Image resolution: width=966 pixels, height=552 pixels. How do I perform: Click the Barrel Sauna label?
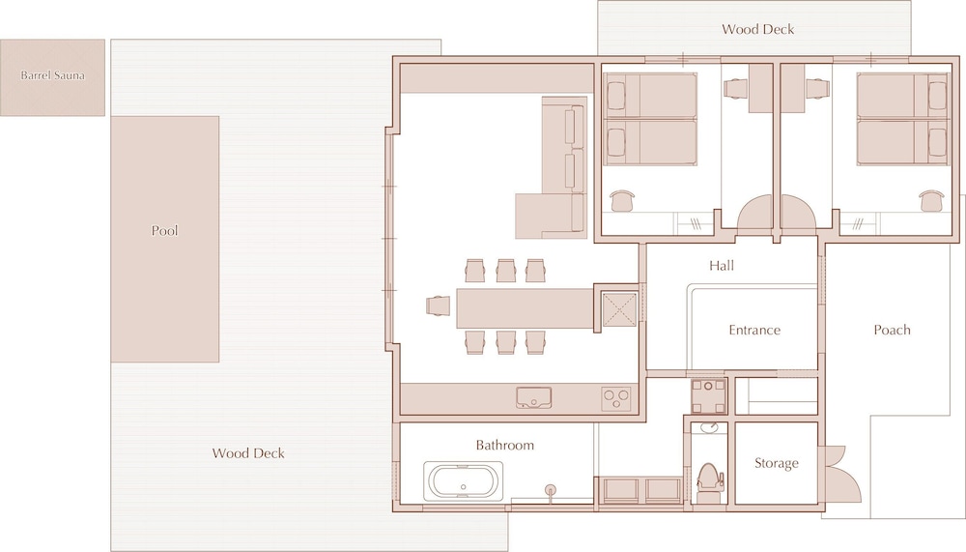[52, 75]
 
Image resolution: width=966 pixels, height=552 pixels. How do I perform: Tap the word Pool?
[164, 231]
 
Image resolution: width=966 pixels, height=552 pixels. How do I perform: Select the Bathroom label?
[504, 446]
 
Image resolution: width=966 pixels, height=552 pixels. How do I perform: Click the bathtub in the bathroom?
[463, 481]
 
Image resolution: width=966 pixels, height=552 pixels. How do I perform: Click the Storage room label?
[777, 463]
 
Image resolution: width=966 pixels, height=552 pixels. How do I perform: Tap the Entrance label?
[754, 330]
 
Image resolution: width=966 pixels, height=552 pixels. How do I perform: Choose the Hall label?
[722, 266]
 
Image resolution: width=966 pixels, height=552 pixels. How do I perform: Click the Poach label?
[892, 330]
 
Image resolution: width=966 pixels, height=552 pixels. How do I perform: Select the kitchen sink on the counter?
[533, 398]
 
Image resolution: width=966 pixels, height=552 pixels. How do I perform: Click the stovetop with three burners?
[616, 398]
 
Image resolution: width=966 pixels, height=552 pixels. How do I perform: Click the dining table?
[525, 307]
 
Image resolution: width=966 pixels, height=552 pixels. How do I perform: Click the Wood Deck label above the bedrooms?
[757, 29]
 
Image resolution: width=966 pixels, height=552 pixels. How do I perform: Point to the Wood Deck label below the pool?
[248, 453]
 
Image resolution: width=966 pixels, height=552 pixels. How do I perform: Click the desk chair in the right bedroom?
[931, 200]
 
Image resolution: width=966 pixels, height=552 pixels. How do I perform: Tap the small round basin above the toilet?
[709, 428]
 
